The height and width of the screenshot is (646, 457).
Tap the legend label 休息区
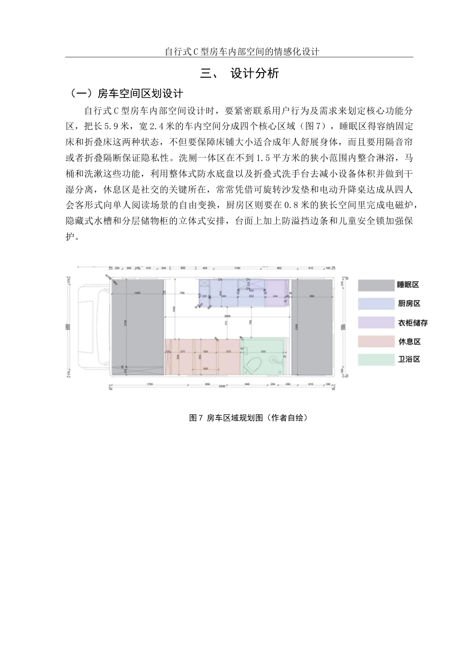click(409, 341)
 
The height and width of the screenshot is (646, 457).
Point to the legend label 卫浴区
click(409, 359)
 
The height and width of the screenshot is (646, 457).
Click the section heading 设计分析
click(254, 74)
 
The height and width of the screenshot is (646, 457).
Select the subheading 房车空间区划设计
click(140, 93)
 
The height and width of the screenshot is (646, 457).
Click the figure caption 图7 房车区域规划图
click(248, 418)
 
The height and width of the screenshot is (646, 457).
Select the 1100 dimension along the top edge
click(237, 268)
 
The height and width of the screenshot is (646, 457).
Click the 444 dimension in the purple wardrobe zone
click(275, 296)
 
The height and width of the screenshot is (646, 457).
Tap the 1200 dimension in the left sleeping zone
click(138, 293)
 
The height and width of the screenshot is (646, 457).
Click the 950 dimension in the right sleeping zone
click(312, 296)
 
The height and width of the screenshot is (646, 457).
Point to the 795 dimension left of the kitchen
click(182, 293)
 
